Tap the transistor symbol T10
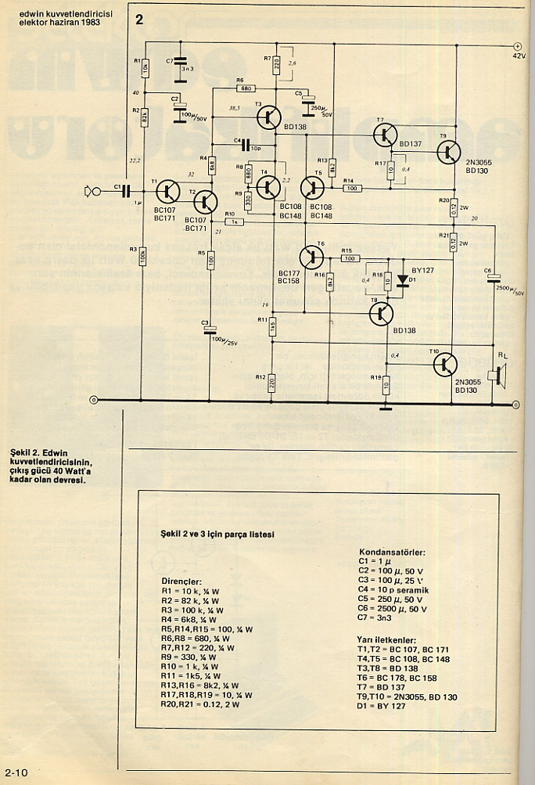tap(445, 363)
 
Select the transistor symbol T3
tap(269, 117)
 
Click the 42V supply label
tap(519, 56)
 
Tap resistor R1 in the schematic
tap(144, 67)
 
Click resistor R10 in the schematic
tap(232, 222)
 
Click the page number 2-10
tap(16, 772)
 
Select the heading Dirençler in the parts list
tap(181, 582)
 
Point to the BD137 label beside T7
tap(410, 144)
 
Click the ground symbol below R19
tap(385, 406)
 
